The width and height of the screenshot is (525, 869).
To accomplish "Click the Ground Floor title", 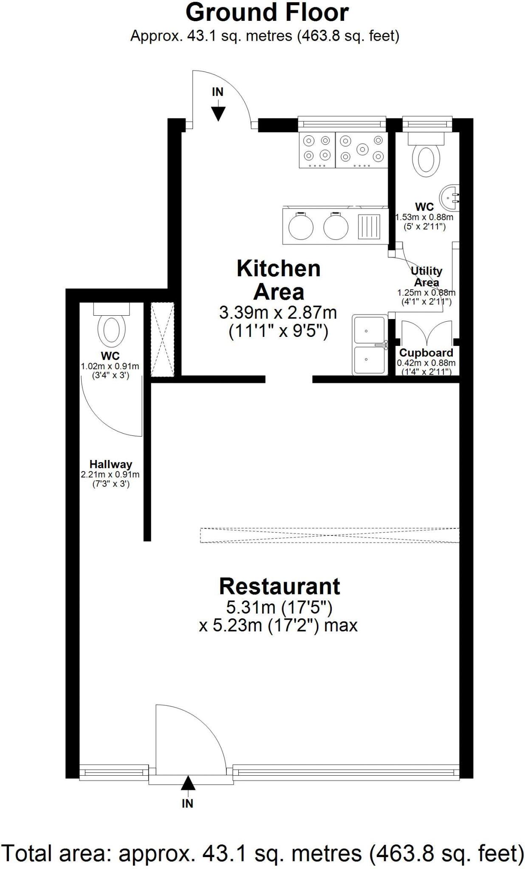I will coord(267,13).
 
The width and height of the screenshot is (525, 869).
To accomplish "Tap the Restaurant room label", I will coord(279,586).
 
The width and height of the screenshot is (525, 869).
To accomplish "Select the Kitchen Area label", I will coord(279,280).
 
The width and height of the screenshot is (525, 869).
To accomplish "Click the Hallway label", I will coord(110,464).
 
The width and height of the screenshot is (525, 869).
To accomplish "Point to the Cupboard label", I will coord(426,353).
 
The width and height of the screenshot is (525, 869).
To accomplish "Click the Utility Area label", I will coord(426,276).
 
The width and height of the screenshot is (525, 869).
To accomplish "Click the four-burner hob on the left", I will coord(317,150).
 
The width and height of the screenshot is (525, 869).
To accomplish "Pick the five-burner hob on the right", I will coord(361,150).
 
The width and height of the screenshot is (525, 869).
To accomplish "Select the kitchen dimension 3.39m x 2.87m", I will coord(278,313).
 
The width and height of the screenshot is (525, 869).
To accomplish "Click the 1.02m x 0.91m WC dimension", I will coord(110,366).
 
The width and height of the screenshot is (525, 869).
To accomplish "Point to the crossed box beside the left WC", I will coord(163,339).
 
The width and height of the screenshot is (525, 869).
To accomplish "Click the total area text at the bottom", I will coord(262,853).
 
